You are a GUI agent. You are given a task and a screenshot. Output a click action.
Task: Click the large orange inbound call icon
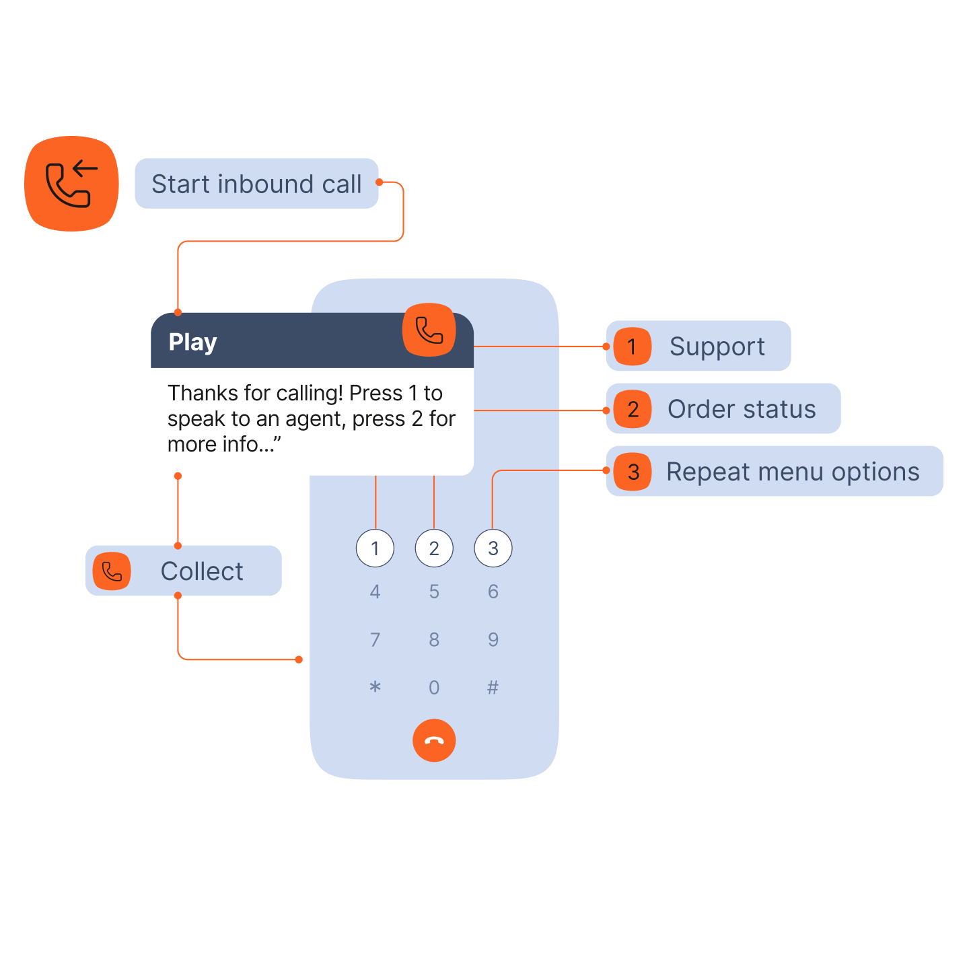pyautogui.click(x=71, y=184)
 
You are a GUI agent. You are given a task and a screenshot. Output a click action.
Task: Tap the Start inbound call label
pyautogui.click(x=256, y=184)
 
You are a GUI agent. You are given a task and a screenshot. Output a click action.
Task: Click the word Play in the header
pyautogui.click(x=192, y=342)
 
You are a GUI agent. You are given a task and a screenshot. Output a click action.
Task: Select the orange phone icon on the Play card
pyautogui.click(x=429, y=330)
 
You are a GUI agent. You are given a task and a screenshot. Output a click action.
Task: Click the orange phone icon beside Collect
pyautogui.click(x=112, y=571)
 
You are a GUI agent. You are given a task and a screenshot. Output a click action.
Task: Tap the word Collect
pyautogui.click(x=202, y=571)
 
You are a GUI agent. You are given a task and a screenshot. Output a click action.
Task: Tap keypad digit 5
pyautogui.click(x=434, y=592)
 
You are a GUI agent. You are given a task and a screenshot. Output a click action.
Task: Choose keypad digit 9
pyautogui.click(x=493, y=639)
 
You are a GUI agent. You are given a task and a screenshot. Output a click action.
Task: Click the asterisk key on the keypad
pyautogui.click(x=375, y=687)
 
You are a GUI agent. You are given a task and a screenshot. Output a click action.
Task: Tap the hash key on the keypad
pyautogui.click(x=493, y=687)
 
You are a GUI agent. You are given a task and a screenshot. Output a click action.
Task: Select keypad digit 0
pyautogui.click(x=434, y=687)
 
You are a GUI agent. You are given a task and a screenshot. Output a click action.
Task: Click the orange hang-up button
pyautogui.click(x=434, y=741)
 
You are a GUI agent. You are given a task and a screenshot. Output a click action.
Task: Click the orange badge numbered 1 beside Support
pyautogui.click(x=632, y=347)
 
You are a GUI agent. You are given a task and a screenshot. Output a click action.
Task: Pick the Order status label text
pyautogui.click(x=742, y=409)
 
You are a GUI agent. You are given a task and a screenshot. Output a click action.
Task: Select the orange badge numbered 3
pyautogui.click(x=633, y=472)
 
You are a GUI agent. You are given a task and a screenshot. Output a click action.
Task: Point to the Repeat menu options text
pyautogui.click(x=793, y=472)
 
